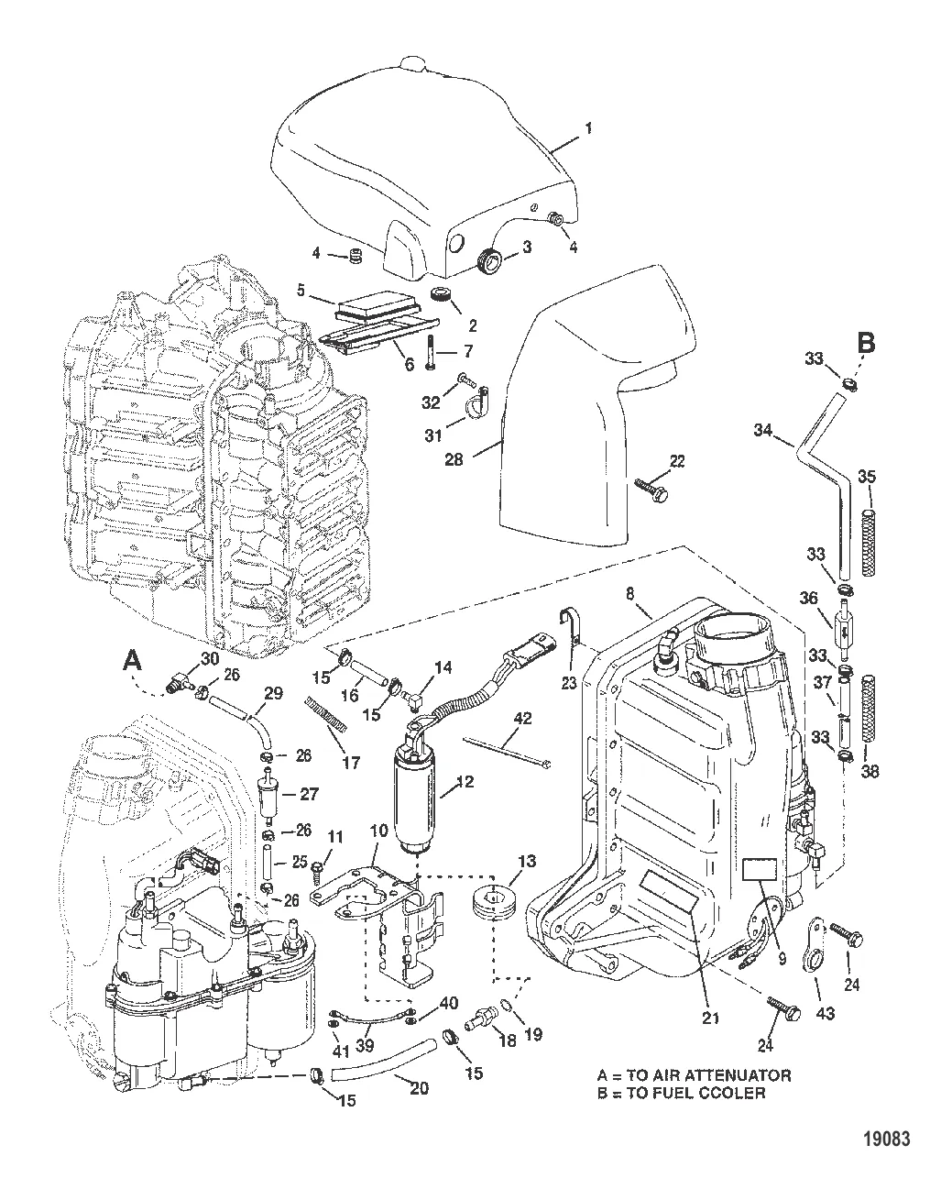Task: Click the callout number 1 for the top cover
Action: pos(588,128)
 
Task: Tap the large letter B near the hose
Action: pos(866,345)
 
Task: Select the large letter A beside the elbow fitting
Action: pos(134,660)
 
